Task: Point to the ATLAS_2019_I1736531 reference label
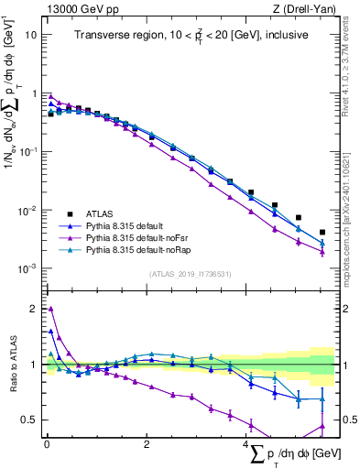tap(191, 274)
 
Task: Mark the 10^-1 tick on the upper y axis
tap(29, 152)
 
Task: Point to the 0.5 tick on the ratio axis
tap(30, 420)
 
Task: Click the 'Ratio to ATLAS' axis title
tap(12, 365)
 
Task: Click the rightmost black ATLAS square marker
tap(322, 233)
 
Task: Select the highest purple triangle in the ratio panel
tap(50, 309)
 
